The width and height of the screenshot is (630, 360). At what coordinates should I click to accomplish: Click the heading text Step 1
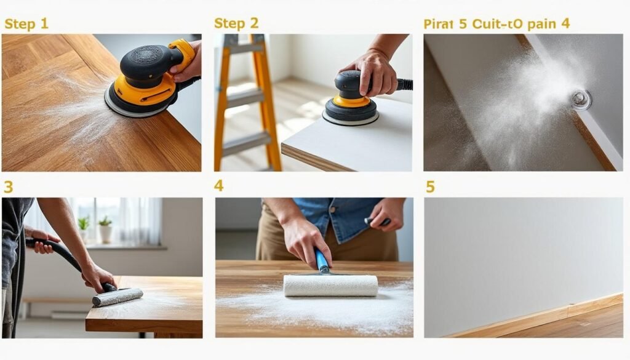coord(26,24)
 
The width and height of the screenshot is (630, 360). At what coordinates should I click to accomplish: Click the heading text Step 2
coord(236,23)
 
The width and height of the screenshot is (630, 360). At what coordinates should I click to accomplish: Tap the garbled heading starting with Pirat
coord(496,24)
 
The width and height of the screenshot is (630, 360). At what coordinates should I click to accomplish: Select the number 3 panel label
coord(8,186)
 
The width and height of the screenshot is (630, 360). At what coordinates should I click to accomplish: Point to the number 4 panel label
coord(218,186)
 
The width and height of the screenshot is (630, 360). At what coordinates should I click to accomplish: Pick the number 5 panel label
coord(430,186)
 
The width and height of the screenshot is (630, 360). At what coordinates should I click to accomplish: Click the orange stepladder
coord(246,102)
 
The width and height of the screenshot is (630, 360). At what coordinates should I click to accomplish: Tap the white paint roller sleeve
coord(330,286)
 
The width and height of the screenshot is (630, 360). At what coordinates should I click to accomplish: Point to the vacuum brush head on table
coord(117,297)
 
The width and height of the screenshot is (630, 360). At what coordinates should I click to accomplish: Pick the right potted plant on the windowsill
coord(106,230)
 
